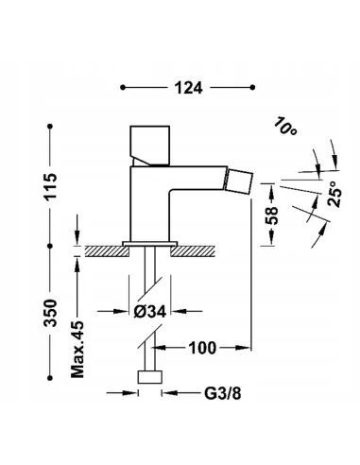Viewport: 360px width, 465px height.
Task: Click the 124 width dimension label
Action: click(x=188, y=88)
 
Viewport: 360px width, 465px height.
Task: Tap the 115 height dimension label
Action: click(x=50, y=186)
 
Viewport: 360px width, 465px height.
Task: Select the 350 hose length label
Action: click(x=50, y=313)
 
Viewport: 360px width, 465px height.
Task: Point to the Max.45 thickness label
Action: click(x=77, y=350)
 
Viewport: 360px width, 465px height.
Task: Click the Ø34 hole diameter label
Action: click(x=149, y=312)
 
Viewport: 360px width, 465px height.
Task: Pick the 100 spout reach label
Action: click(x=202, y=348)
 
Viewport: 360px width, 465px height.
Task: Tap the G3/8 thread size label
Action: click(x=223, y=393)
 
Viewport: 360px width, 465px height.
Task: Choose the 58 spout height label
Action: click(x=271, y=215)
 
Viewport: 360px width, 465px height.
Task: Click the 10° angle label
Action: click(x=285, y=126)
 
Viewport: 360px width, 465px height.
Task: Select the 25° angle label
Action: click(x=334, y=194)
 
